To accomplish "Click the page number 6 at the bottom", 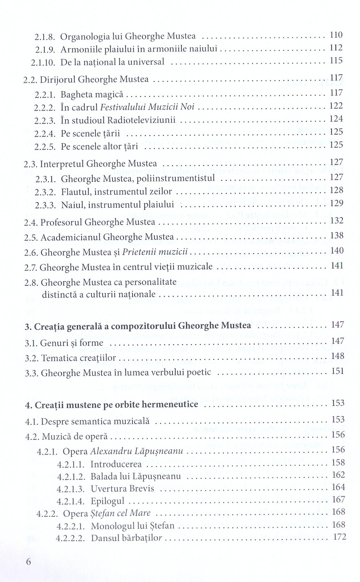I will (x=29, y=562).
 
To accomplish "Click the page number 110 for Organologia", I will (x=336, y=35).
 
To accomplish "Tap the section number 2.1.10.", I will (x=43, y=63).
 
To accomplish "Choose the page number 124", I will (x=336, y=119).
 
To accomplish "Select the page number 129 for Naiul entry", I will (x=336, y=203).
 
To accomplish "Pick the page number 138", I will (x=337, y=235).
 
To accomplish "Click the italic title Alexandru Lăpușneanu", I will (x=137, y=451).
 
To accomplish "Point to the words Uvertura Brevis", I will (x=122, y=489).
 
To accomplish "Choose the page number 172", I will (x=339, y=537).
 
